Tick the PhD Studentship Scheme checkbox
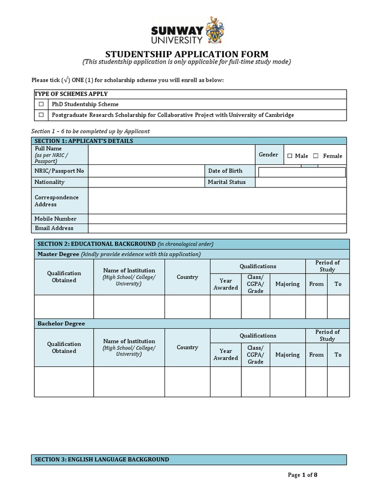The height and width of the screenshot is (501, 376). [42, 104]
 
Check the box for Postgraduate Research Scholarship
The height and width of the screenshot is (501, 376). [42, 115]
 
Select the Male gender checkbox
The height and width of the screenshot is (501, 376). [290, 156]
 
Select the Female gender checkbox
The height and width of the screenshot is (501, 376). [316, 156]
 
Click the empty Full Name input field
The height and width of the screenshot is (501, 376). [171, 154]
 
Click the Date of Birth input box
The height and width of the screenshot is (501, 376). [302, 172]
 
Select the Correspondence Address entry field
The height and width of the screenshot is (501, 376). [217, 201]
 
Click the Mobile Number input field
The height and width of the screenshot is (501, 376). [217, 219]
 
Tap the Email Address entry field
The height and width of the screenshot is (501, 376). [217, 228]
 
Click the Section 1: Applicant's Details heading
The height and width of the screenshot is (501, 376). [84, 141]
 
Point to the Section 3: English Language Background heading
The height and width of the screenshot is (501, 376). [102, 459]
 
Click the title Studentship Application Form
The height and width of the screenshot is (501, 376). [187, 54]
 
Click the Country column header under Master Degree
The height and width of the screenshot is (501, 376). [187, 277]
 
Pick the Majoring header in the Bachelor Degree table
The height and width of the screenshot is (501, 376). [287, 355]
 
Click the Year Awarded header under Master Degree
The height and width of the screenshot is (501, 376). [226, 284]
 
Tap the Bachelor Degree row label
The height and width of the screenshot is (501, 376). [61, 323]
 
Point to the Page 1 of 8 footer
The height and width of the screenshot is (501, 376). [306, 475]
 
